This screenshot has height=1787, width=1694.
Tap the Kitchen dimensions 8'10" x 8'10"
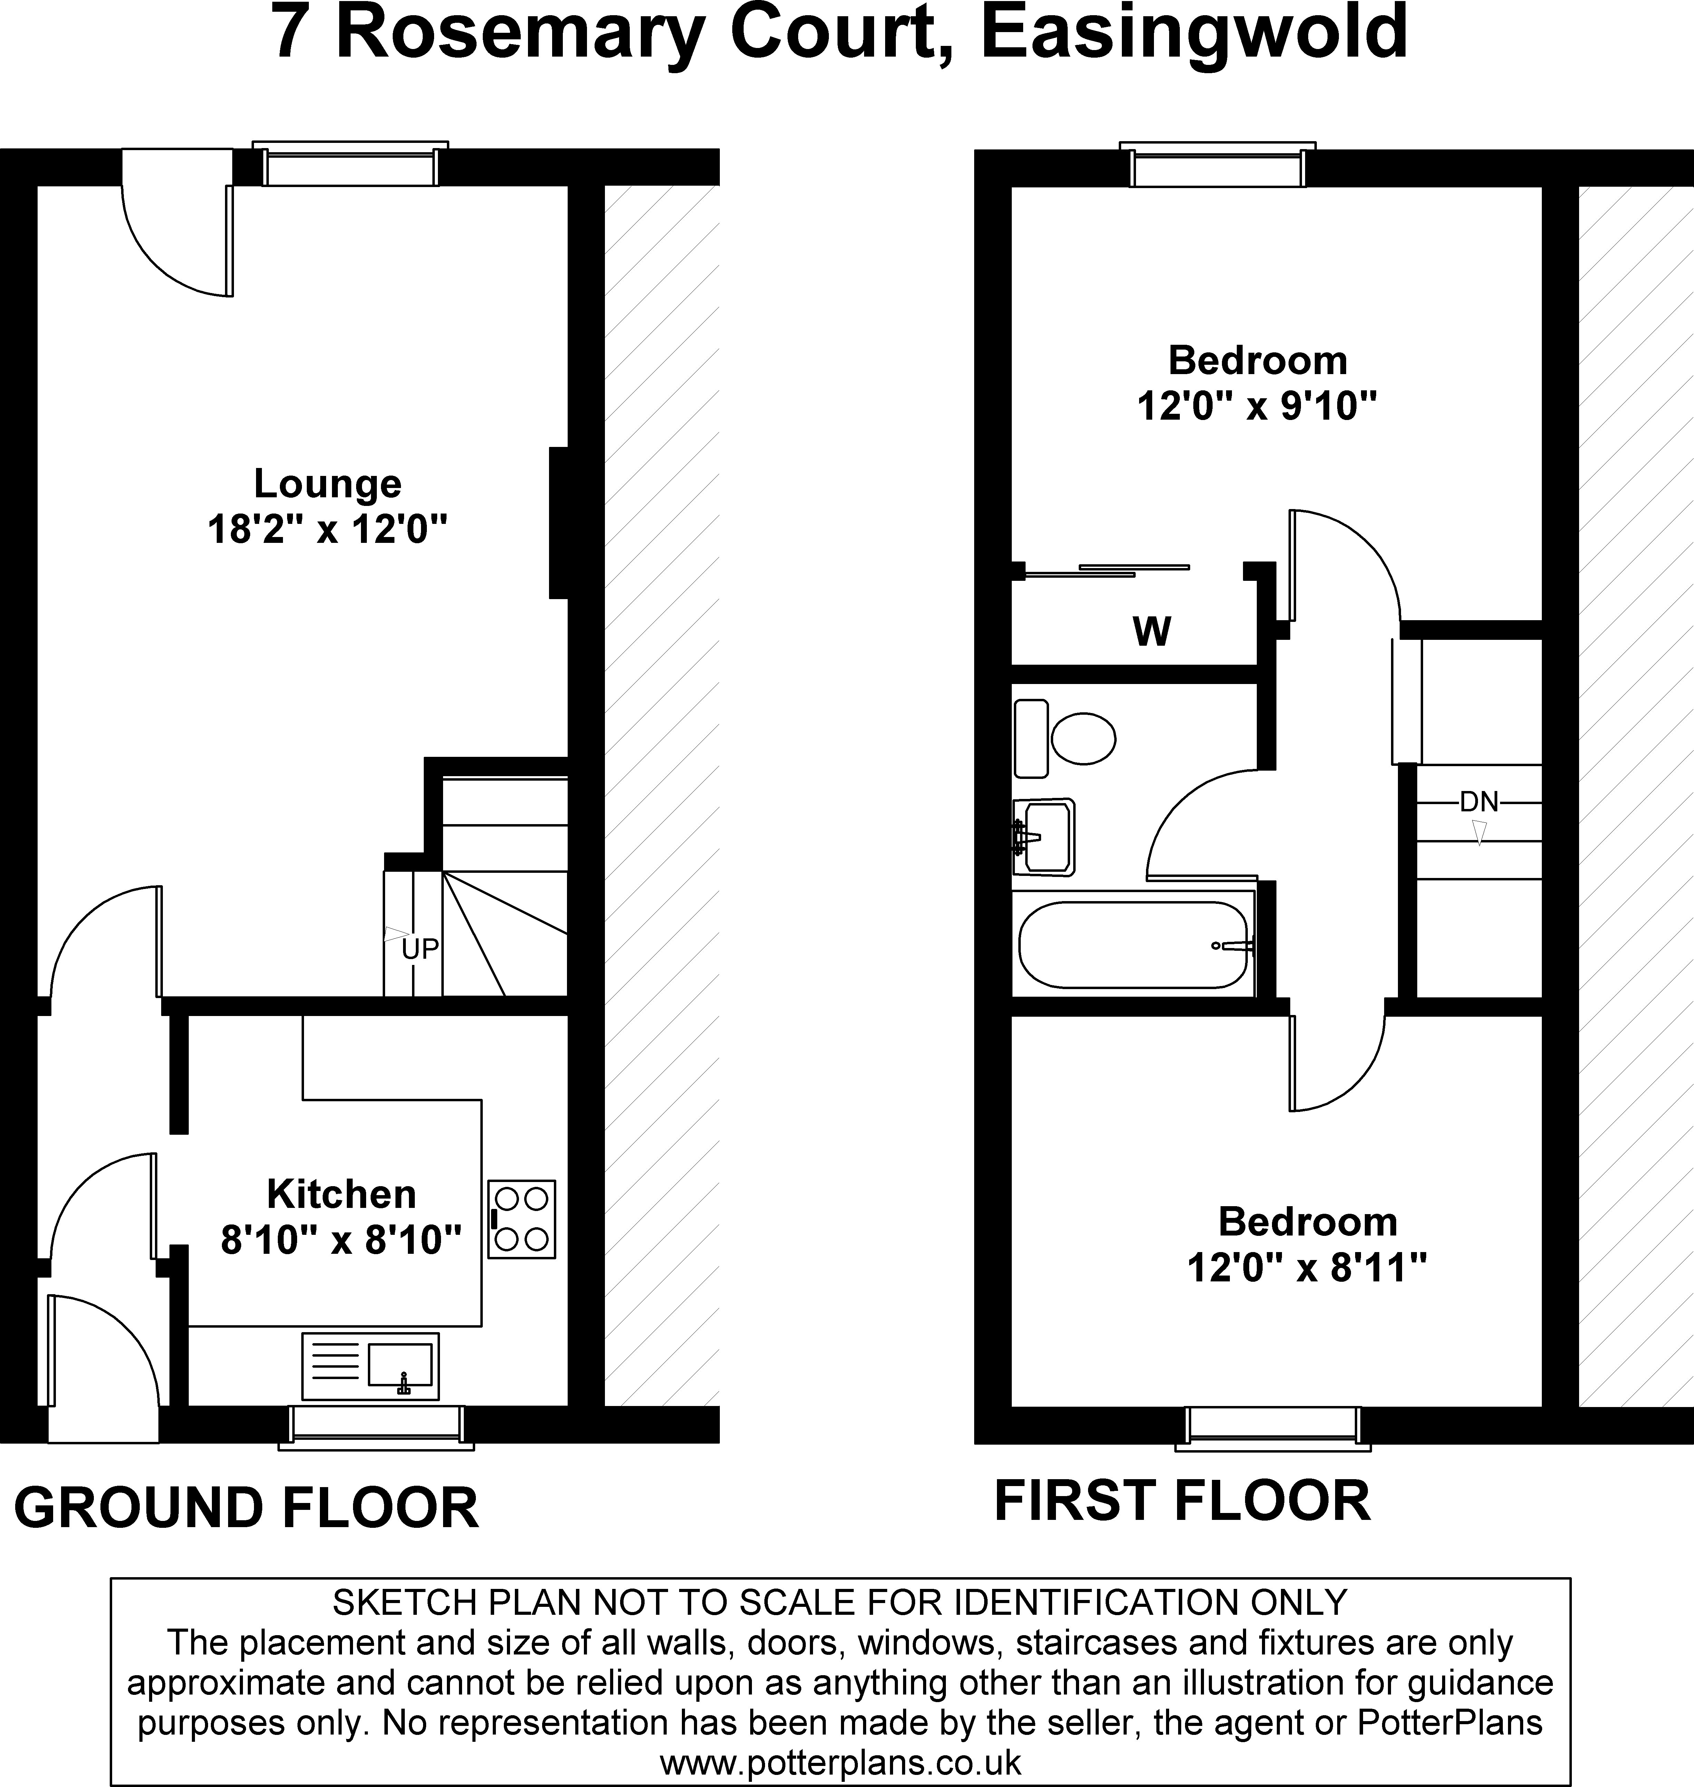pyautogui.click(x=341, y=1241)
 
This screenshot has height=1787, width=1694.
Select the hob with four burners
pyautogui.click(x=521, y=1219)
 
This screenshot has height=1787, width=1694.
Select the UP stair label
pyautogui.click(x=420, y=949)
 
